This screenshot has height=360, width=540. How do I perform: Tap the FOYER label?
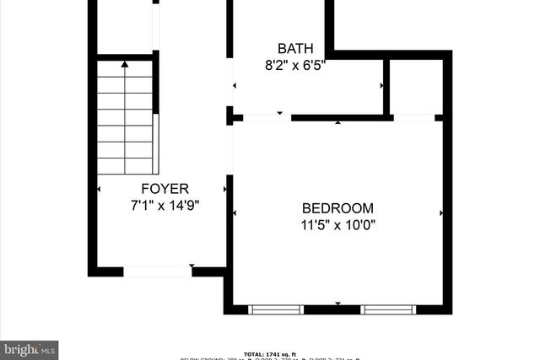click(x=165, y=189)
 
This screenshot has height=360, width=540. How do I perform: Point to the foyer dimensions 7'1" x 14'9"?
click(x=165, y=205)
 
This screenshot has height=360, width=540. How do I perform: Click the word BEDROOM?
click(x=337, y=208)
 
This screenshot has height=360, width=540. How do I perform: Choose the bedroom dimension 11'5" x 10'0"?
click(x=337, y=224)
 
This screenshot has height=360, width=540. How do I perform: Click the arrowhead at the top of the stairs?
click(x=126, y=63)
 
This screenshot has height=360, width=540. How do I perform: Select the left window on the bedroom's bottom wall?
click(x=276, y=309)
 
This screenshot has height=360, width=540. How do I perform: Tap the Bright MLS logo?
click(x=30, y=349)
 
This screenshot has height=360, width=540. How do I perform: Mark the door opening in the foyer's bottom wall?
click(x=157, y=271)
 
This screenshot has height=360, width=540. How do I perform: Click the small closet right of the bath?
click(x=415, y=87)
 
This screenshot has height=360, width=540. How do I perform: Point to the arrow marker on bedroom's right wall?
click(x=441, y=213)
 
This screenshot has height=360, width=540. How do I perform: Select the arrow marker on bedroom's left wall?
click(x=235, y=213)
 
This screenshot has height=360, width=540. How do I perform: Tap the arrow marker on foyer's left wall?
click(x=100, y=189)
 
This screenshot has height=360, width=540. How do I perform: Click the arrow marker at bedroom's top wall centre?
click(x=338, y=123)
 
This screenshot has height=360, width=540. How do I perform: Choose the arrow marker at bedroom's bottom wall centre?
click(x=337, y=304)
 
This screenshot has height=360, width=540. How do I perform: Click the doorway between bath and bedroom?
click(x=267, y=117)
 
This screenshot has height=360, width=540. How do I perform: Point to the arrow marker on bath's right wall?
click(x=383, y=85)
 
